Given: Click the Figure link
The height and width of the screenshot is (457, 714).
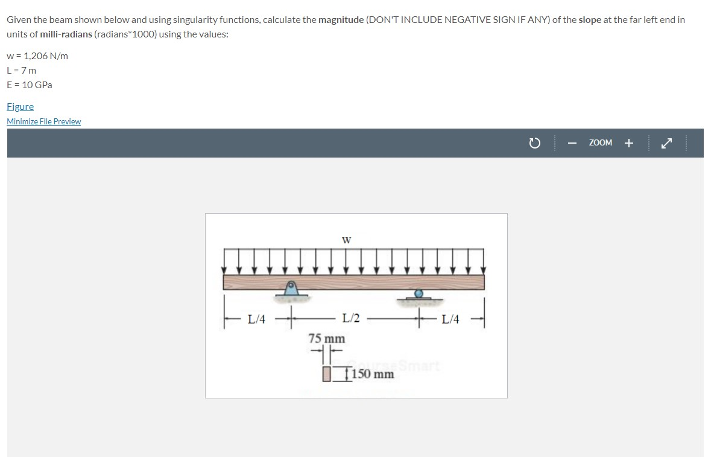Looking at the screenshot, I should pos(20,107).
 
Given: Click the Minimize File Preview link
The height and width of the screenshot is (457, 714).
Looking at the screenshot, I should pos(43,121).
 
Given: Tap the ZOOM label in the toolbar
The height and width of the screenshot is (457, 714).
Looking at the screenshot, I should pos(600,143).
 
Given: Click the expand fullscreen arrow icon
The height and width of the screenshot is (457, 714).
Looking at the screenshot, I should pos(665,143).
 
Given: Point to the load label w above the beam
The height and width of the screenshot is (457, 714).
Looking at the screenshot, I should pos(346,240).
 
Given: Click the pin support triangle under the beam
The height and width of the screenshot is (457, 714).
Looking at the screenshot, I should pos(291,289).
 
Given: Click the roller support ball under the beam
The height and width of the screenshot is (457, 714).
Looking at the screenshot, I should pos(419,294).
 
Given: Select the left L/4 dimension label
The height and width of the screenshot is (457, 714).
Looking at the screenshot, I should pos(256,319).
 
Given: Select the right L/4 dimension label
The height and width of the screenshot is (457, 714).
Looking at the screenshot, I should pos(450,319).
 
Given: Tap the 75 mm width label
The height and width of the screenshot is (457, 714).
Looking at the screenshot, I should pos(326,339).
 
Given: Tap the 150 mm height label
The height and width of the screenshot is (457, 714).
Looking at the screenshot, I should pos(373,374).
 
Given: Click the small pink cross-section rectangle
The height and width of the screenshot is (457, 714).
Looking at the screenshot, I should pos(327,374).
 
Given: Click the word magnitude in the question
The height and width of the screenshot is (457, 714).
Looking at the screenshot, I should pos(341,20).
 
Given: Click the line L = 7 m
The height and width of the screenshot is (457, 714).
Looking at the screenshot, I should pos(22,71).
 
